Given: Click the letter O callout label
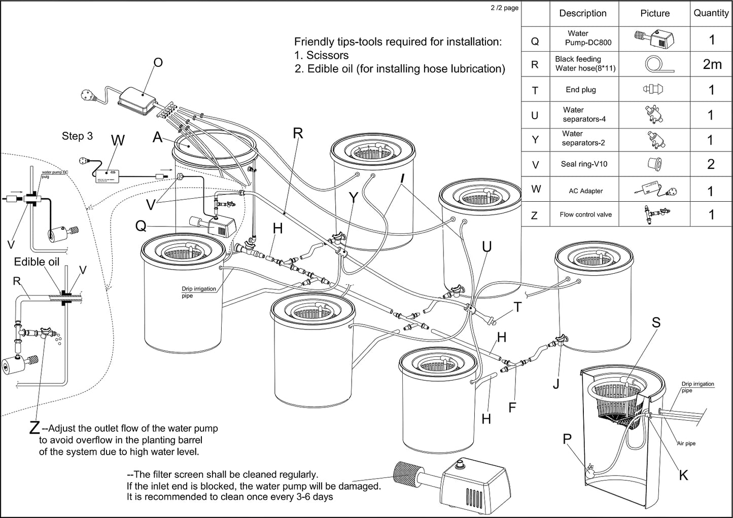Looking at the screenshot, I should pyautogui.click(x=158, y=62).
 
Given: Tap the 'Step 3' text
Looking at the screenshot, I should pyautogui.click(x=77, y=136).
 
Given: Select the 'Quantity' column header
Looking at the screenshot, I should pyautogui.click(x=711, y=13).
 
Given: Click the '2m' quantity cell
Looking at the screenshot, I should pyautogui.click(x=712, y=64).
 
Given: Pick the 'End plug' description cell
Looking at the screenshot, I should pyautogui.click(x=581, y=90).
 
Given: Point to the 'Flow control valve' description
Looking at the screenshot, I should pyautogui.click(x=585, y=214).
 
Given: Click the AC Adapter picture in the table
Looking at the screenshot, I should pyautogui.click(x=654, y=190).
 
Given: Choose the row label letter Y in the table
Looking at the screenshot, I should pyautogui.click(x=535, y=140).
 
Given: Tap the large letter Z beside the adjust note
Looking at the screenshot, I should pyautogui.click(x=34, y=428).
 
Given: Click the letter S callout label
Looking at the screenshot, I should pyautogui.click(x=656, y=322).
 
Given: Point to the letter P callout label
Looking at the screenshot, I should pyautogui.click(x=568, y=439).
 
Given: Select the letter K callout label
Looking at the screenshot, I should pyautogui.click(x=683, y=475).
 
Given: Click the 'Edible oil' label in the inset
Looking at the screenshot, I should pyautogui.click(x=37, y=262).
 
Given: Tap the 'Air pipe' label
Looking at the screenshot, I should pyautogui.click(x=686, y=443).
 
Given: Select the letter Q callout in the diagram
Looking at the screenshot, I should pyautogui.click(x=141, y=226).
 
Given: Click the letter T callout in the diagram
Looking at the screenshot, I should pyautogui.click(x=517, y=307).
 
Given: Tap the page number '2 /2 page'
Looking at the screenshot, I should pyautogui.click(x=504, y=8).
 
